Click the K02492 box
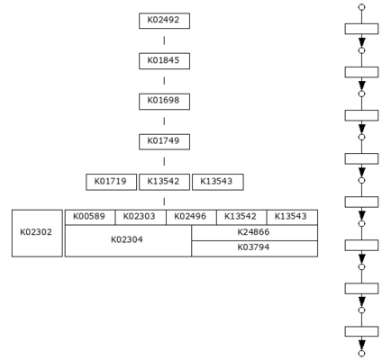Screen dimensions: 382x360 164,21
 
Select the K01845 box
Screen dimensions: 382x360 164,61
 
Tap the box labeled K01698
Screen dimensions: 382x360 164,102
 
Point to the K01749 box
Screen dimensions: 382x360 164,141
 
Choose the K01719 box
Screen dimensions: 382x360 111,182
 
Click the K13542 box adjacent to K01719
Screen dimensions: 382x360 164,182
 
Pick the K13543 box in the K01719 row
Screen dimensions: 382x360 218,182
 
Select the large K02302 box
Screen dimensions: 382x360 37,233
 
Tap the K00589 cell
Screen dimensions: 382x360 90,217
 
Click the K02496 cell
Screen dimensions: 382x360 191,217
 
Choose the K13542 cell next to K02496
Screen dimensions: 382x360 241,217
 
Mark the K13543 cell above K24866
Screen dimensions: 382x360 292,217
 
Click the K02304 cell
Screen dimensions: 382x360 128,240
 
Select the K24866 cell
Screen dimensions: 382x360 255,233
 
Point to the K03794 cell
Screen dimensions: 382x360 255,248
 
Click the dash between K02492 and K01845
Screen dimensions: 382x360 164,40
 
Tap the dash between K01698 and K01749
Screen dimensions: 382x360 164,121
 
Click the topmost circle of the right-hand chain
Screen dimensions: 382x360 362,7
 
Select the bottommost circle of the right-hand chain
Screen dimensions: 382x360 362,354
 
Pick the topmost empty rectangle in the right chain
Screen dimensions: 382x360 361,29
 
